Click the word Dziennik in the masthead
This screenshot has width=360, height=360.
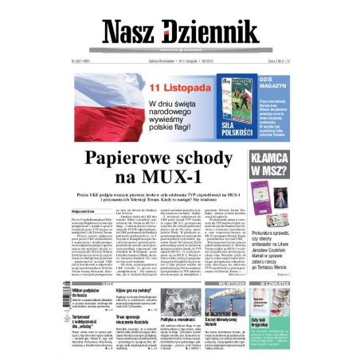pos(210,33)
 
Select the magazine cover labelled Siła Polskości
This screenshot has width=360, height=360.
pos(238,104)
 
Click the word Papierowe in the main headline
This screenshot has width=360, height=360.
pos(135,158)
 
